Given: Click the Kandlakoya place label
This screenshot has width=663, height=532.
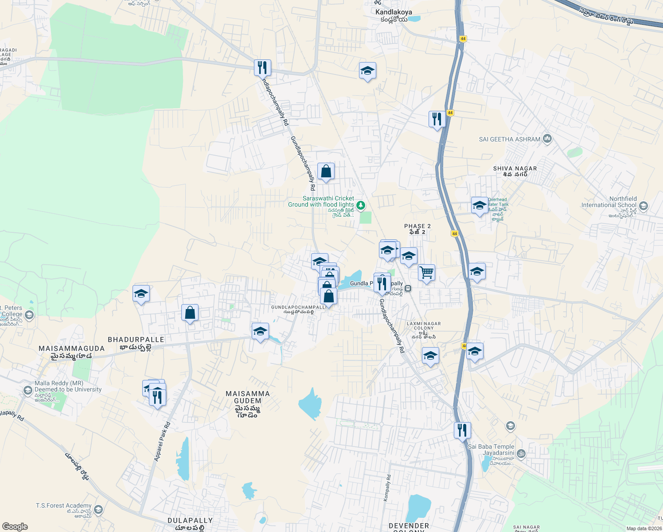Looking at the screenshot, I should tap(393, 12).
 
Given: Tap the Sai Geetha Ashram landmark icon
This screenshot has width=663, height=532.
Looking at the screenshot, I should tap(547, 139).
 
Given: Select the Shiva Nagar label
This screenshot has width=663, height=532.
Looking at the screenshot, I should tap(515, 169).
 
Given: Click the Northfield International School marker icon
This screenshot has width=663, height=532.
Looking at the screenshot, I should tap(643, 206).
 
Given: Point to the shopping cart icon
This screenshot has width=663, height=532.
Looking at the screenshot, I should tap(426, 273).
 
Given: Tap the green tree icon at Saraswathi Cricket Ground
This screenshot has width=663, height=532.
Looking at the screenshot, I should tap(361, 205).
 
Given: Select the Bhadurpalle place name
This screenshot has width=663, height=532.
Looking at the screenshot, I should tap(136, 340).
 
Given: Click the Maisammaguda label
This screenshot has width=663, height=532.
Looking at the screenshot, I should tap(71, 348).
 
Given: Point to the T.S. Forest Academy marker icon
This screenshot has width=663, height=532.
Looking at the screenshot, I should tap(98, 509).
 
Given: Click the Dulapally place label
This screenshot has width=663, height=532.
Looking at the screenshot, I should tap(190, 520).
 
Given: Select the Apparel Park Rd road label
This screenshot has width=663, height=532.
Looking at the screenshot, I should tap(162, 442).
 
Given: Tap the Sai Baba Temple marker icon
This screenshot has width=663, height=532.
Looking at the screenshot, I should tap(521, 453).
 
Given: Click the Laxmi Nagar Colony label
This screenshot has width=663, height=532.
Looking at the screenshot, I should tap(424, 326).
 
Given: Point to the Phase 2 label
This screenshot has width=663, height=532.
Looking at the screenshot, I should tap(417, 226).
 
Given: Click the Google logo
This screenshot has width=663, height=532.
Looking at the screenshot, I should tap(15, 527).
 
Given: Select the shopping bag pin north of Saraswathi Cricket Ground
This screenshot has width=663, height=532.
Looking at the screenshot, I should tap(326, 171).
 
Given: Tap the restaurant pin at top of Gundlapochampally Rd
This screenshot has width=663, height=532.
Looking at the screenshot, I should tap(262, 67).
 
